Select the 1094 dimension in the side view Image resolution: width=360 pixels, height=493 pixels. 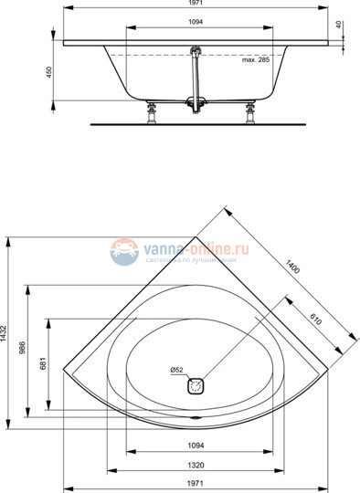pos(196,22)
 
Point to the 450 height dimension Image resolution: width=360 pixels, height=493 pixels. pos(51,71)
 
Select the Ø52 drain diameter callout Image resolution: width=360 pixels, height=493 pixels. pos(177,370)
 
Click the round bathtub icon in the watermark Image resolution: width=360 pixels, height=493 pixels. pos(124,251)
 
